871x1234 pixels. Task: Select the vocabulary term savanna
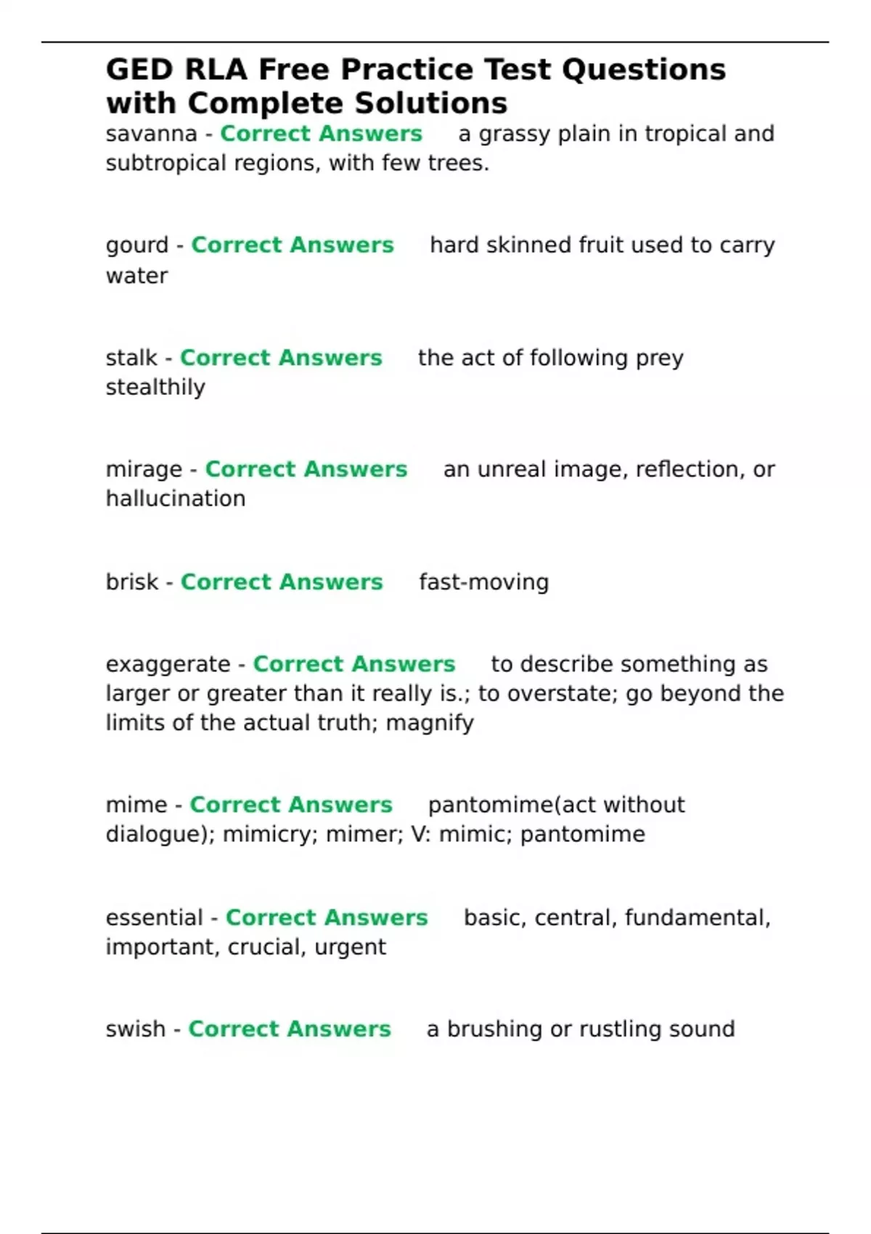coord(151,134)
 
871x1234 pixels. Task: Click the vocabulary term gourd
coord(136,246)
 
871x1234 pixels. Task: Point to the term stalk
coord(131,358)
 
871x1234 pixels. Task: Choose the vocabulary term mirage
coord(144,470)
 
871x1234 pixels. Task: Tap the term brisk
coord(131,582)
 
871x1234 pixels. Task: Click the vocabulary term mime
coord(136,805)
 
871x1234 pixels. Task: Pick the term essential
coord(154,918)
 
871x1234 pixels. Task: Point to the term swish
coord(135,1029)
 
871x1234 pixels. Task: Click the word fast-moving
coord(483,582)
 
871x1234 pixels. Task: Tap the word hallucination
coord(176,499)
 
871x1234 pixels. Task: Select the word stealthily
coord(155,388)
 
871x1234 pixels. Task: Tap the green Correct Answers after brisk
coord(282,582)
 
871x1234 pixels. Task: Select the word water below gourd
coord(136,276)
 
